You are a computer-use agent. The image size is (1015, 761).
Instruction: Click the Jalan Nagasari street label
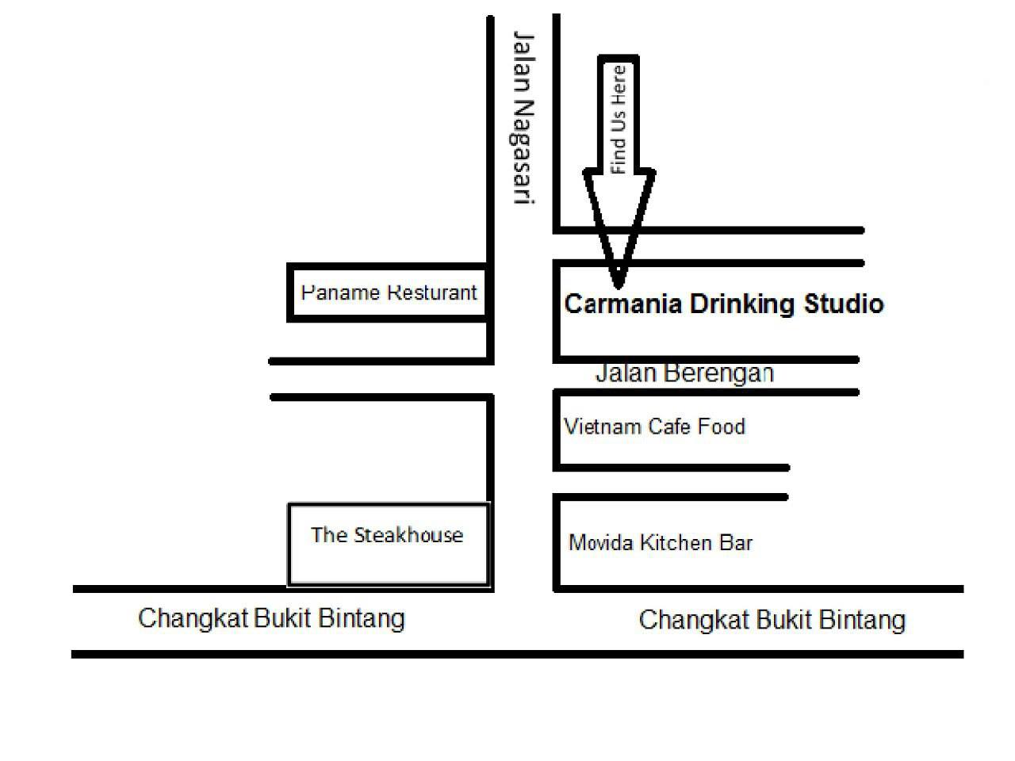[524, 118]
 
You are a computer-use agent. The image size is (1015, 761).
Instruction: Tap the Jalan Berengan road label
[684, 373]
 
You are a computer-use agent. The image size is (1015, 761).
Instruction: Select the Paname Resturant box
[388, 293]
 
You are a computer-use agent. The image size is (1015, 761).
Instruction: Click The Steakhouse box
[389, 545]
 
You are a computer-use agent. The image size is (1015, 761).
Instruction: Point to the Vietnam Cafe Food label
[655, 426]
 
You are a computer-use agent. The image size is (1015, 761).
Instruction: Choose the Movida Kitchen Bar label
[661, 542]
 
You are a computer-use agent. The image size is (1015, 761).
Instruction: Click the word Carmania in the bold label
[622, 304]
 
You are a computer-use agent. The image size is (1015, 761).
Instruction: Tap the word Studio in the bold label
[844, 304]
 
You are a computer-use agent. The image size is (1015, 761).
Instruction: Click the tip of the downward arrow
[619, 286]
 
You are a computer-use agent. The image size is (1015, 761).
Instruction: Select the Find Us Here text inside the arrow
[619, 120]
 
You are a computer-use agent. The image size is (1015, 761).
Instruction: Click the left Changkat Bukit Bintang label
[271, 618]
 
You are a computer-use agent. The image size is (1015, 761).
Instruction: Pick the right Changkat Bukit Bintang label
[772, 620]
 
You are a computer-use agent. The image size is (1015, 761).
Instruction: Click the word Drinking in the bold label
[742, 305]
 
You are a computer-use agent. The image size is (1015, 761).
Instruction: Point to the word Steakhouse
[408, 535]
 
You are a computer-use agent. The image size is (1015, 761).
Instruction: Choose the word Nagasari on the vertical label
[524, 152]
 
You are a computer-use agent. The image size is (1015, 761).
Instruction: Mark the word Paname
[340, 293]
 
